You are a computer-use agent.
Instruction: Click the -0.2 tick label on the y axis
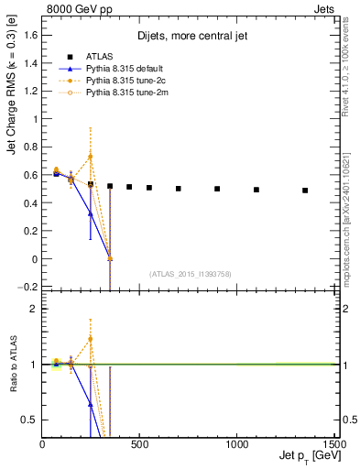click(x=28, y=287)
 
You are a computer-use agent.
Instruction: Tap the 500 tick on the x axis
click(x=140, y=444)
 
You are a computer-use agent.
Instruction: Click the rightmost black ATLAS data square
click(x=305, y=191)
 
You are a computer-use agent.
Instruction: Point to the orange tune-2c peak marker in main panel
click(x=90, y=157)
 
